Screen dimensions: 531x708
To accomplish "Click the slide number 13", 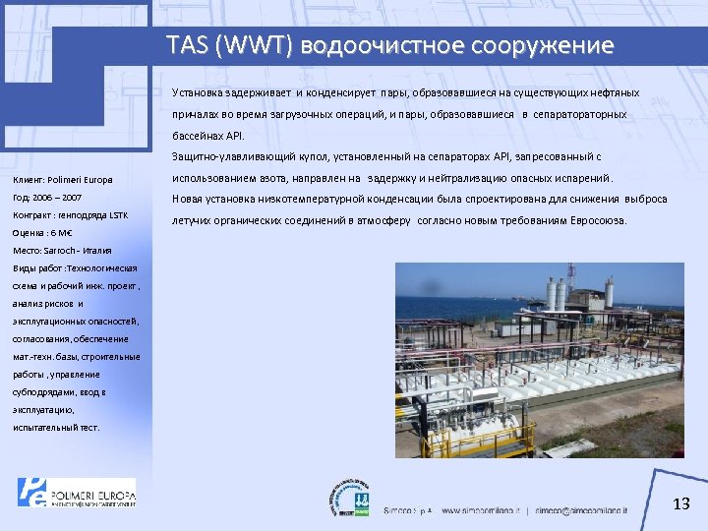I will pos(680,504).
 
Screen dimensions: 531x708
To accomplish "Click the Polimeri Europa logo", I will pos(76,492).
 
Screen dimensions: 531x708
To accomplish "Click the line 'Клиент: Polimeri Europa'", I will pos(63,180).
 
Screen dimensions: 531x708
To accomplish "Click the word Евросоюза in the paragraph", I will pos(592,220).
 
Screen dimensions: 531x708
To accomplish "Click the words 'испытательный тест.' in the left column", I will pos(56,428).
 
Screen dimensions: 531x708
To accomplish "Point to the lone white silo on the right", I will pos(610,292).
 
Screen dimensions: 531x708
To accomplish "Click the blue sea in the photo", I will pos(442,313).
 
